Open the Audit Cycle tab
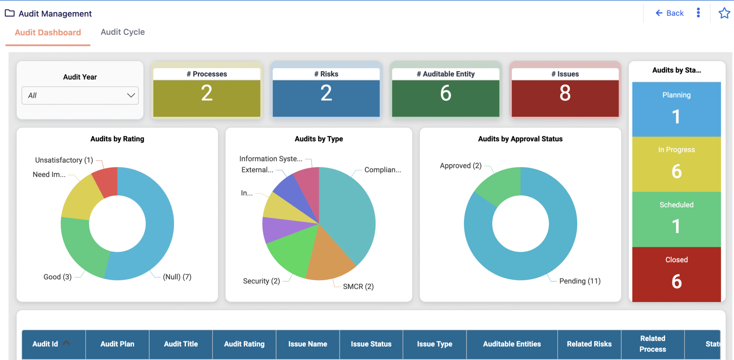(x=123, y=32)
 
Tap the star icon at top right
(x=724, y=13)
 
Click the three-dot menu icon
(x=698, y=13)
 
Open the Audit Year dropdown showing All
(x=80, y=95)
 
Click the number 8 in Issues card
(x=565, y=93)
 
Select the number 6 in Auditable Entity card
(x=445, y=93)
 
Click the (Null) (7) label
(x=177, y=277)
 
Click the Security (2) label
(x=261, y=281)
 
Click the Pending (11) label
(x=580, y=281)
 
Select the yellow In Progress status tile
(x=676, y=164)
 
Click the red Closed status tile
(x=676, y=274)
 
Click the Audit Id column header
(x=46, y=344)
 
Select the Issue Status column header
(x=371, y=344)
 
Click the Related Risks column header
(x=589, y=344)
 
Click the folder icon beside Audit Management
(x=10, y=13)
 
